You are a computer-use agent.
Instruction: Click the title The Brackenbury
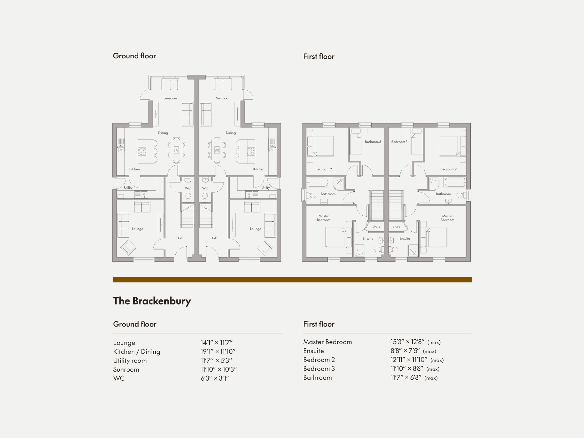coord(152,301)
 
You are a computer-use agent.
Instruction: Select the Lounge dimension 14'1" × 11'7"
coord(216,343)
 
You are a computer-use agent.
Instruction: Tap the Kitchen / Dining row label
coord(136,352)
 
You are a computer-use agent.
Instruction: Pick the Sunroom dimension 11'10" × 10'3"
coord(218,369)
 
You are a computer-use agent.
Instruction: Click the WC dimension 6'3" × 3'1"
coord(214,378)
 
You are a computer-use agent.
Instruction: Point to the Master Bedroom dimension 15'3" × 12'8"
coord(407,342)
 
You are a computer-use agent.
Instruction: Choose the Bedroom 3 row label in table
coord(319,369)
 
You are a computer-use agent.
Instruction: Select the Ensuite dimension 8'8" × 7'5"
coord(405,351)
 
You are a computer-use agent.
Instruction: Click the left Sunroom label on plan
coord(170,98)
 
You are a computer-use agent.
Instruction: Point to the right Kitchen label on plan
coord(258,169)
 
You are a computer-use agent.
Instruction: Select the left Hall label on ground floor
coord(179,238)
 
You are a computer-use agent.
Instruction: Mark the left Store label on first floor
coord(376,227)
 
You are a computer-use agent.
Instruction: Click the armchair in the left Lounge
coord(128,247)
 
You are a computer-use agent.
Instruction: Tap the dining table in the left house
coord(176,150)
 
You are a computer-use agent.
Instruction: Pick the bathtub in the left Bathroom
coord(318,182)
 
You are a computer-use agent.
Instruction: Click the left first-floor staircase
coord(376,205)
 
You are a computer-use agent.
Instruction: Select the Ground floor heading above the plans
coord(134,56)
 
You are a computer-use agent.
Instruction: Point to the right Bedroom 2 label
coord(448,169)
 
